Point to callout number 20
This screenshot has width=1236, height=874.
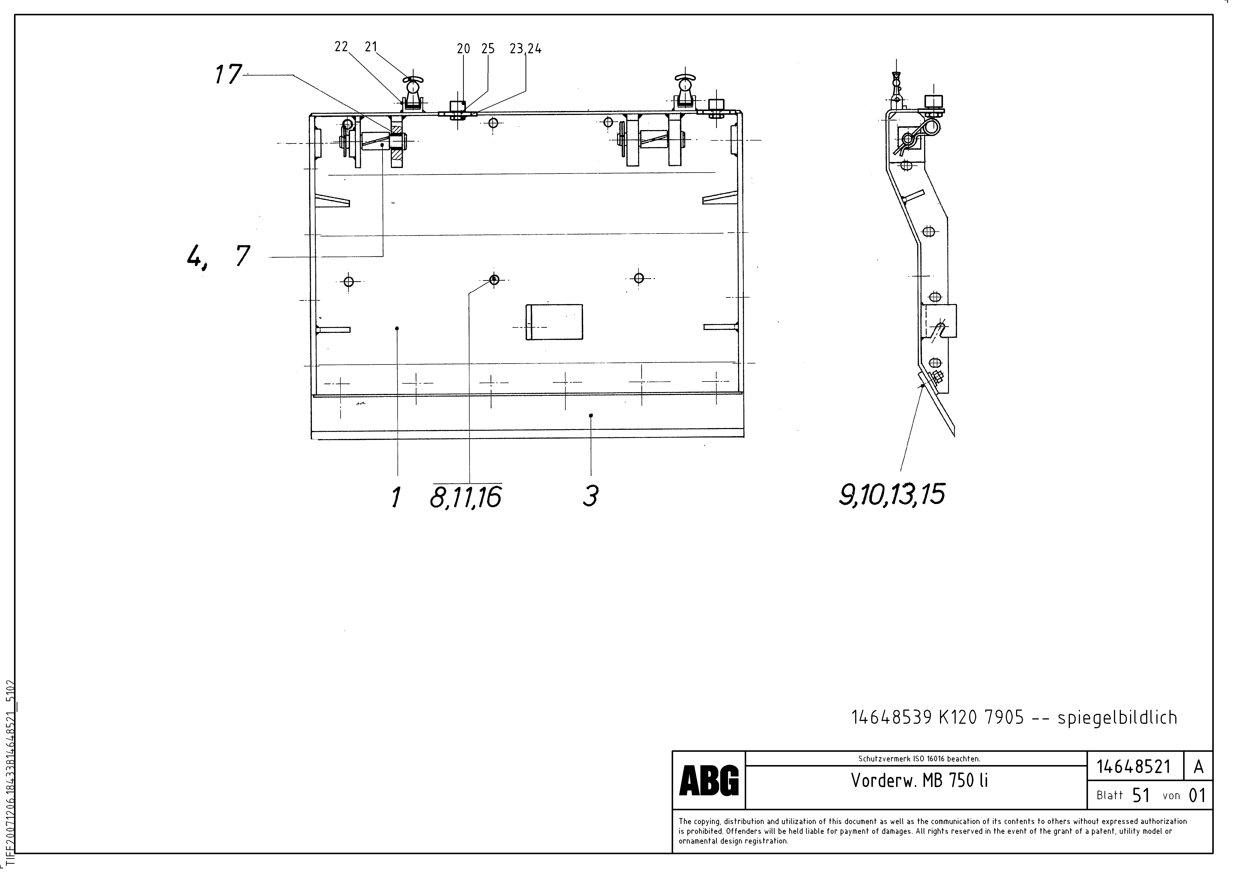pos(463,49)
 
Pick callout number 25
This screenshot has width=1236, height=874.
pos(488,49)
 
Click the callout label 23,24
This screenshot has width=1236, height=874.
pos(525,49)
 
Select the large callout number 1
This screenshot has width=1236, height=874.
pos(396,497)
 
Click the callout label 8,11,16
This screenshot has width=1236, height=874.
pos(466,497)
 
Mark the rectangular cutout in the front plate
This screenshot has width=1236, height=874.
pos(554,322)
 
